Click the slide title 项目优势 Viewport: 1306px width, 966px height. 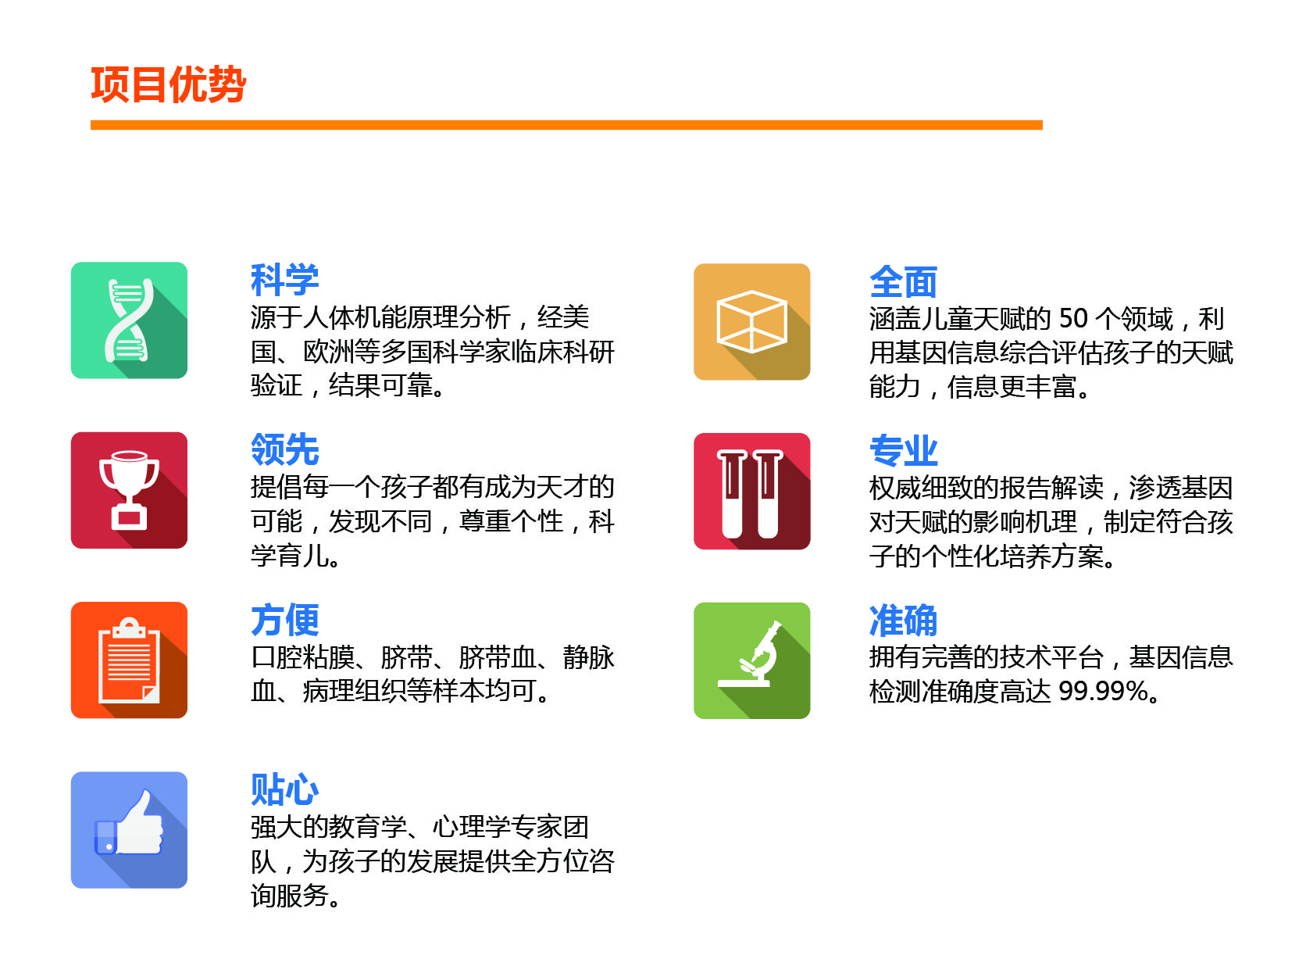168,84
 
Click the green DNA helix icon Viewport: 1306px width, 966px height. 129,320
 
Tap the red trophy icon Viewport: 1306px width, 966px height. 129,490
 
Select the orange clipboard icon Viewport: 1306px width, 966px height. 129,660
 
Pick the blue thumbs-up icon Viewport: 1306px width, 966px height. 129,830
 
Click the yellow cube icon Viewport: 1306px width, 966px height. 751,322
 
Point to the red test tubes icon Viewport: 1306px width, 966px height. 751,492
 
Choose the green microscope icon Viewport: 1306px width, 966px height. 751,660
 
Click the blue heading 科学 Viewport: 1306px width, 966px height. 284,279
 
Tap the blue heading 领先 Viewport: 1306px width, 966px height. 284,449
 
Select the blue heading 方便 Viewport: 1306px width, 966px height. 284,620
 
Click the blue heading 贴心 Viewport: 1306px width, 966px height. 284,789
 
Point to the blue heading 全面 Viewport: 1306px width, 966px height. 903,282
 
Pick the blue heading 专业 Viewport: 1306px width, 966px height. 903,451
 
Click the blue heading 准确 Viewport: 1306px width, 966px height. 903,621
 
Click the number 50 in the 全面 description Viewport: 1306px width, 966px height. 1073,319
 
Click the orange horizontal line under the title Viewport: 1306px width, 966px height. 566,125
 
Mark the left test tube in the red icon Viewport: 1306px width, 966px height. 732,494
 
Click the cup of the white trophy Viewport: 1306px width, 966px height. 129,472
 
